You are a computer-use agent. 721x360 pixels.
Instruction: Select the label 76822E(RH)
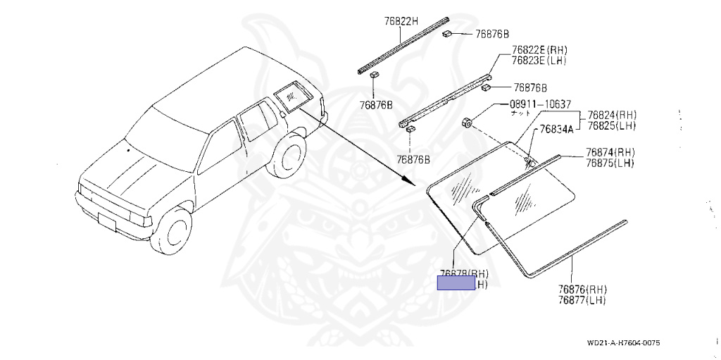[x=535, y=50]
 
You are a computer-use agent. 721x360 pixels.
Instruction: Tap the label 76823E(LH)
[x=534, y=61]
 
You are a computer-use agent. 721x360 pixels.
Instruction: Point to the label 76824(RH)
[x=612, y=115]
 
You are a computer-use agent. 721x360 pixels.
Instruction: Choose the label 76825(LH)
[x=611, y=125]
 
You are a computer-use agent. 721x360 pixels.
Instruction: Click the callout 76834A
[x=557, y=130]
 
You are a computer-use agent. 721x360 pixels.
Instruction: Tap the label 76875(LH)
[x=610, y=163]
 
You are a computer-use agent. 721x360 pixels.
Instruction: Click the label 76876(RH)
[x=582, y=290]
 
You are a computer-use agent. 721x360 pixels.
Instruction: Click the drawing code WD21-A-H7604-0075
[x=623, y=343]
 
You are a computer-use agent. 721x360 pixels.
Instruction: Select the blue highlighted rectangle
[x=456, y=283]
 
